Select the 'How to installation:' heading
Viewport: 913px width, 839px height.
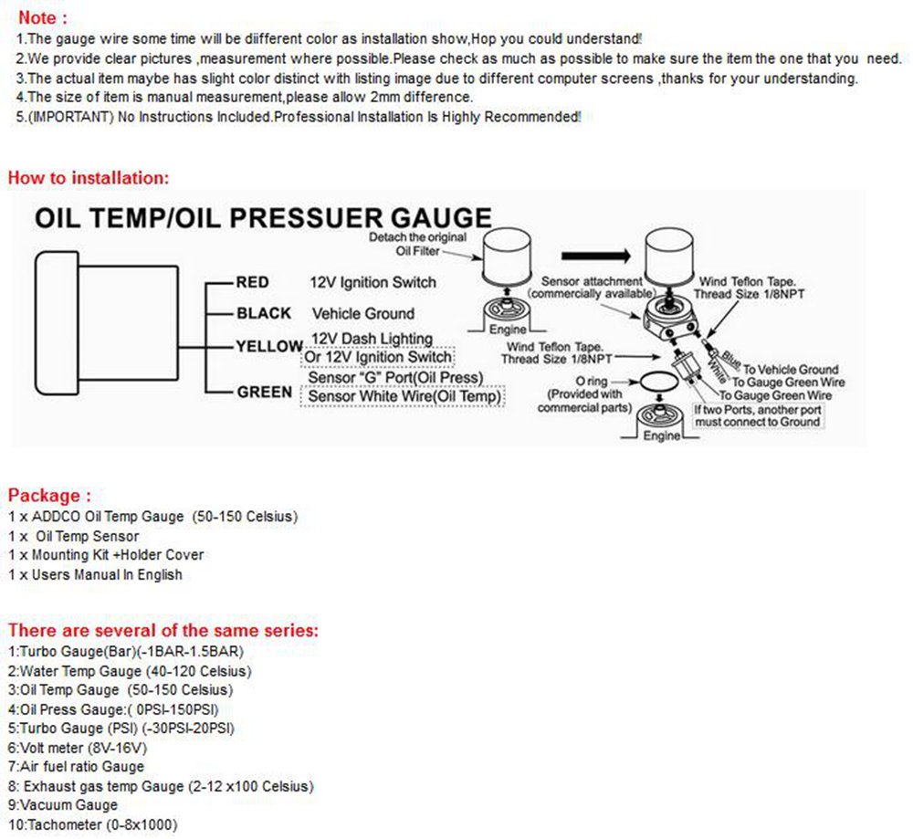[89, 177]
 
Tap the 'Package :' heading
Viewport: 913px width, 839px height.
[49, 496]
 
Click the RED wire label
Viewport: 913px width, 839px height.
[252, 282]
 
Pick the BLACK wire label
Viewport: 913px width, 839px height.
[263, 313]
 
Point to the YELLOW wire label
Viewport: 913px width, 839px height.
[268, 346]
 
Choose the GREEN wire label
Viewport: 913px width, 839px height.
[264, 393]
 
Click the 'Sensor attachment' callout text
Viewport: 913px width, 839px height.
[593, 288]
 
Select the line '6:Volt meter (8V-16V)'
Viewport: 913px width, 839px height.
[78, 747]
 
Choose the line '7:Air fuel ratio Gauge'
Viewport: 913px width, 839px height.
[76, 767]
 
